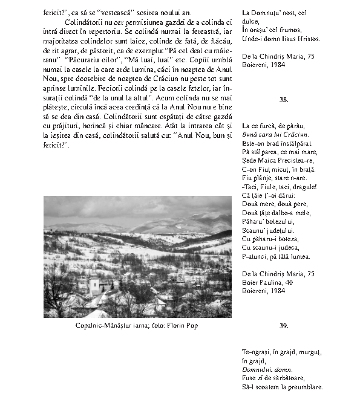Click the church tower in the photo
pyautogui.click(x=93, y=283)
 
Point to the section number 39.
pyautogui.click(x=283, y=326)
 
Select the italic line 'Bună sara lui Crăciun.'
pyautogui.click(x=275, y=134)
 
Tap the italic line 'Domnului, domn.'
pyautogui.click(x=267, y=369)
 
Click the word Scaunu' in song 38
pyautogui.click(x=255, y=230)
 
